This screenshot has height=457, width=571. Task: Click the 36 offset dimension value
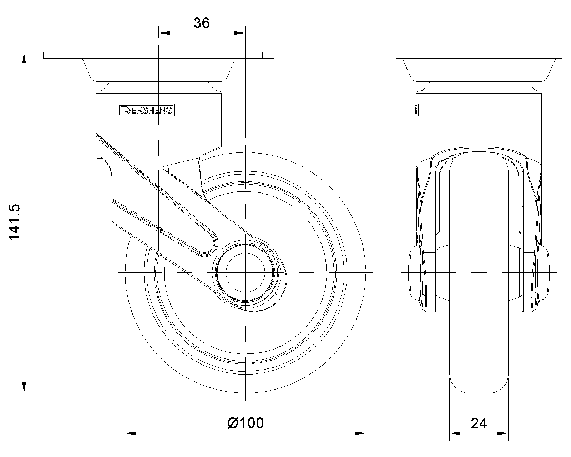click(202, 23)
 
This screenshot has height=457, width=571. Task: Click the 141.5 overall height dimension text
click(15, 222)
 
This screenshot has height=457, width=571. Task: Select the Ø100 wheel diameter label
click(246, 423)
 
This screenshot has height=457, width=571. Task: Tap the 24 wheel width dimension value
click(479, 423)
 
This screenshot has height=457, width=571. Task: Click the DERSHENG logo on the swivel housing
click(146, 111)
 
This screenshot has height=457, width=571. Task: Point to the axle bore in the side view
click(246, 272)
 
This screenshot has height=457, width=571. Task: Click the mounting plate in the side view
click(158, 55)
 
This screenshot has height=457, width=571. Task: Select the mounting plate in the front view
click(479, 55)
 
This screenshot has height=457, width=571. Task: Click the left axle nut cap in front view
click(415, 272)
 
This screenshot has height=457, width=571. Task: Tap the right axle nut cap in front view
click(543, 272)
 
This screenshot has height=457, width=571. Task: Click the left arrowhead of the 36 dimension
click(163, 33)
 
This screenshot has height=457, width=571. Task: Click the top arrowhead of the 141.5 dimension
click(24, 58)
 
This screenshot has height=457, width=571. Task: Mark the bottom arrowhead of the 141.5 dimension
click(24, 388)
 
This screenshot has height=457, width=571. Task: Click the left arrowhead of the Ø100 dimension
click(131, 433)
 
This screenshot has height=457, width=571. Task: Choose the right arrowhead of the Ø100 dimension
click(360, 433)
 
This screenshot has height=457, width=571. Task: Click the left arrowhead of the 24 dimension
click(454, 433)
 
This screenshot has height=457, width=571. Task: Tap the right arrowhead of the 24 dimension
click(503, 433)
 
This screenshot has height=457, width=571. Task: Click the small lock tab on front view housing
click(416, 110)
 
